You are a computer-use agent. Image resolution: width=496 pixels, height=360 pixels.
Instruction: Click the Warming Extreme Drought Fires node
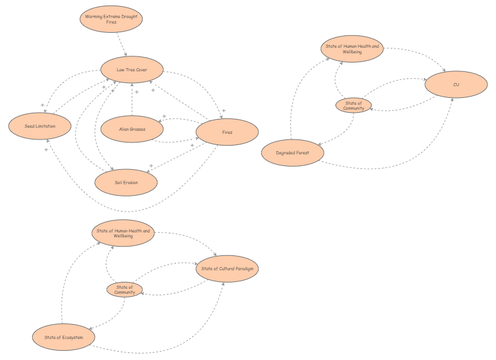click(112, 19)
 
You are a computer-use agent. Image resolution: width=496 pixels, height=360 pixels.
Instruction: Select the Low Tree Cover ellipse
click(132, 70)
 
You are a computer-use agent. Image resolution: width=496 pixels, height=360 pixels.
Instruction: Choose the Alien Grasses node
click(132, 130)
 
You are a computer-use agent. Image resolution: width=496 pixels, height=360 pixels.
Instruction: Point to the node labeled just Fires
click(227, 132)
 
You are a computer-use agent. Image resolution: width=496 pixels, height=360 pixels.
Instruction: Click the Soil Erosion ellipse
click(126, 182)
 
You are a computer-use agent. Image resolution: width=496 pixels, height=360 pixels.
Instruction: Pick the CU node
click(456, 84)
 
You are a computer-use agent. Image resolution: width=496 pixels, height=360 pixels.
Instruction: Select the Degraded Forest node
click(292, 152)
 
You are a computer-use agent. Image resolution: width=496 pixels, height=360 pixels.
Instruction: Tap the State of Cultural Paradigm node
click(226, 269)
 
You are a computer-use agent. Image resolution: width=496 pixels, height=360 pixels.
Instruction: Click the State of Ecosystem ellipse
click(63, 337)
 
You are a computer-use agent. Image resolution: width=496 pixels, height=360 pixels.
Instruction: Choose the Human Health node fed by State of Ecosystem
click(123, 233)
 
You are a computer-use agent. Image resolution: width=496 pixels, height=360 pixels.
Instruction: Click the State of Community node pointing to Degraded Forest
click(353, 105)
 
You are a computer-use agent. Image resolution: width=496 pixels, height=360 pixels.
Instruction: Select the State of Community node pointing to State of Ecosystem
click(125, 289)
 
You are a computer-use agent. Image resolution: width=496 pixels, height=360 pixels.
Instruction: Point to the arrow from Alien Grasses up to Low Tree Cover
click(132, 99)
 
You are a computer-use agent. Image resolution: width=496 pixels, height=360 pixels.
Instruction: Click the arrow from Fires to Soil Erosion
click(180, 157)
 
